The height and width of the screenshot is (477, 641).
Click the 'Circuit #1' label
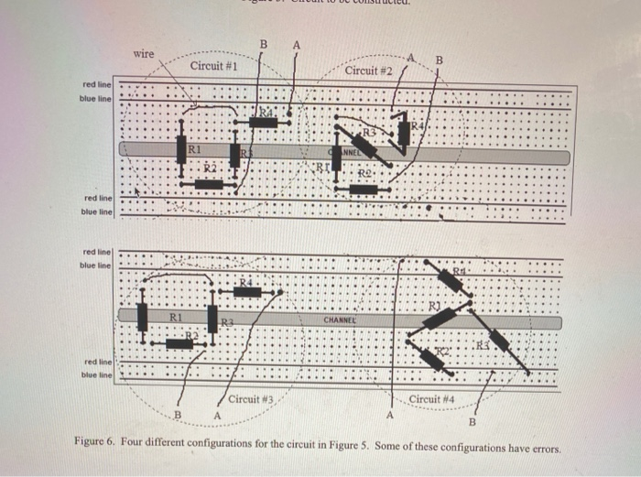click(x=215, y=67)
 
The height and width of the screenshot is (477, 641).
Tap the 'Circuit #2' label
click(x=370, y=70)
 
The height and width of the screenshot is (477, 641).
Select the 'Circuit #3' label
click(x=252, y=399)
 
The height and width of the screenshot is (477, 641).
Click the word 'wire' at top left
click(x=144, y=54)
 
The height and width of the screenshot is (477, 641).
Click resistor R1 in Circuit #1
click(x=181, y=147)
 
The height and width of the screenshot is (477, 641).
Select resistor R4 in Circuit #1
click(x=252, y=120)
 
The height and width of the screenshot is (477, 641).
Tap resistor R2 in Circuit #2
click(x=364, y=190)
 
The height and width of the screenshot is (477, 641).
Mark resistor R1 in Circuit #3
click(x=142, y=317)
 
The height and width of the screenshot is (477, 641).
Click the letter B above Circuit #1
click(x=264, y=45)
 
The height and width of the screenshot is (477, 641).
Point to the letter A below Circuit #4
click(x=389, y=417)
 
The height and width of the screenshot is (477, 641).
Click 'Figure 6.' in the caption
click(x=94, y=441)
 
